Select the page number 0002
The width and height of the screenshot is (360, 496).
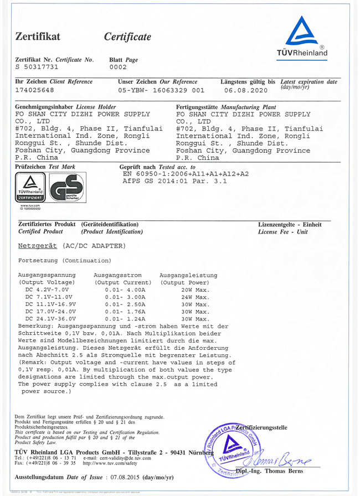coord(118,67)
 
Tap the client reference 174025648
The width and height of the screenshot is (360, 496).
coord(34,90)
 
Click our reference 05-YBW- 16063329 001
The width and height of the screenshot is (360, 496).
coord(161,90)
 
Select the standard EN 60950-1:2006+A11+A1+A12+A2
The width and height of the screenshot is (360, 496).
coord(186,173)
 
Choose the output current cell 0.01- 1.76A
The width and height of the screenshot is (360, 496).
coord(125,312)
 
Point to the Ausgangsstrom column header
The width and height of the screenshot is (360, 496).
coord(119,275)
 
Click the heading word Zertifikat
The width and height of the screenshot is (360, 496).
coord(38,37)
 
